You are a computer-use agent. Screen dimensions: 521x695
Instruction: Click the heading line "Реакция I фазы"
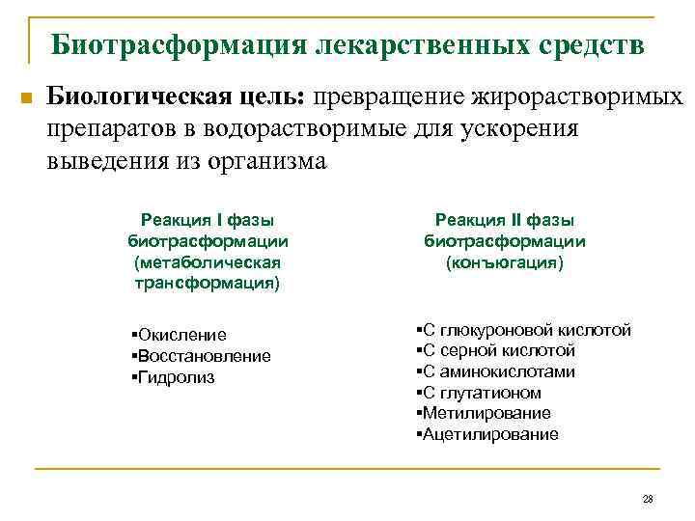208,220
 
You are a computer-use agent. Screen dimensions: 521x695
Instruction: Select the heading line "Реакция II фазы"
505,220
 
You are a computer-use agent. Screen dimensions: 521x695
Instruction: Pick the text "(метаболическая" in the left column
208,262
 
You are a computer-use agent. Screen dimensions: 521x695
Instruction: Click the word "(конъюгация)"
505,262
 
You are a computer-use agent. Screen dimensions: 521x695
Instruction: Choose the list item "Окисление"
181,335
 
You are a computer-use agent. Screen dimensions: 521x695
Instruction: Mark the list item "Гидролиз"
175,377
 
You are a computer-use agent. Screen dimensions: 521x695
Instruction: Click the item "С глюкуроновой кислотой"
524,330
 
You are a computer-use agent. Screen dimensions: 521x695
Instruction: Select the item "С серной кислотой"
496,351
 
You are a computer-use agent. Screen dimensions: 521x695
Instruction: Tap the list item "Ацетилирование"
487,434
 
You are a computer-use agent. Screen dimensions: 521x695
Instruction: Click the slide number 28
648,499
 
